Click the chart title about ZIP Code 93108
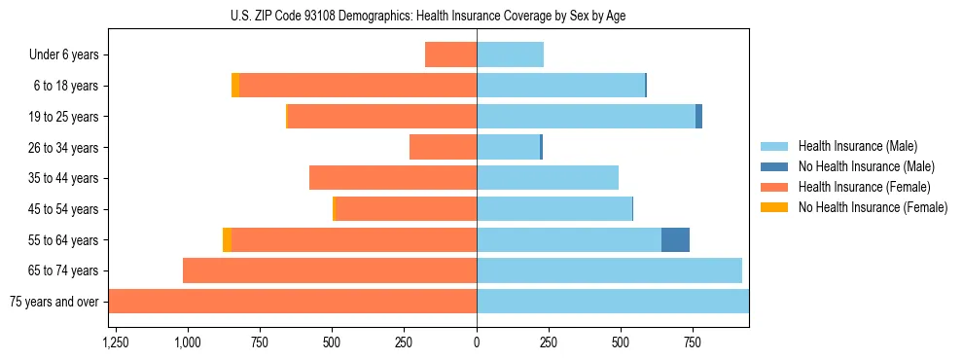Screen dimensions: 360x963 [x=428, y=16]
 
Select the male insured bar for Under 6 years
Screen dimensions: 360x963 [x=510, y=55]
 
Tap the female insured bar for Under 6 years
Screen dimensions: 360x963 [x=450, y=55]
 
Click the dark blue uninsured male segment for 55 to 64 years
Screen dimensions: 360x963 [x=675, y=240]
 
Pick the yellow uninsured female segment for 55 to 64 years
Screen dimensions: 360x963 [x=227, y=240]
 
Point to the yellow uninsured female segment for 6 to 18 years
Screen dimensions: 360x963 [x=235, y=86]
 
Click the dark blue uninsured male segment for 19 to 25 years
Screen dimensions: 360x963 [x=698, y=117]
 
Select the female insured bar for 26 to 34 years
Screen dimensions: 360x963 [x=443, y=148]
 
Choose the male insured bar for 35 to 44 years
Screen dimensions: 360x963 [x=548, y=178]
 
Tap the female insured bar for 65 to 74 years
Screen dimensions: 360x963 [x=330, y=270]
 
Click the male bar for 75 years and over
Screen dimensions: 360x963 [x=613, y=302]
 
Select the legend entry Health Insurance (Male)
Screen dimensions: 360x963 [x=857, y=146]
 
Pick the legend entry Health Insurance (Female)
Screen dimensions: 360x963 [x=863, y=187]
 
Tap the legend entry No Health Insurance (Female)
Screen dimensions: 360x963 [x=872, y=207]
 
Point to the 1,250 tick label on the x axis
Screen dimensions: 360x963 [x=115, y=342]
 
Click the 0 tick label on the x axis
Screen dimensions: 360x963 [x=477, y=342]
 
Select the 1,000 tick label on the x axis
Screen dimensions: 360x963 [x=187, y=342]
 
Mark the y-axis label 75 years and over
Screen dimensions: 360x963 [x=54, y=302]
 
